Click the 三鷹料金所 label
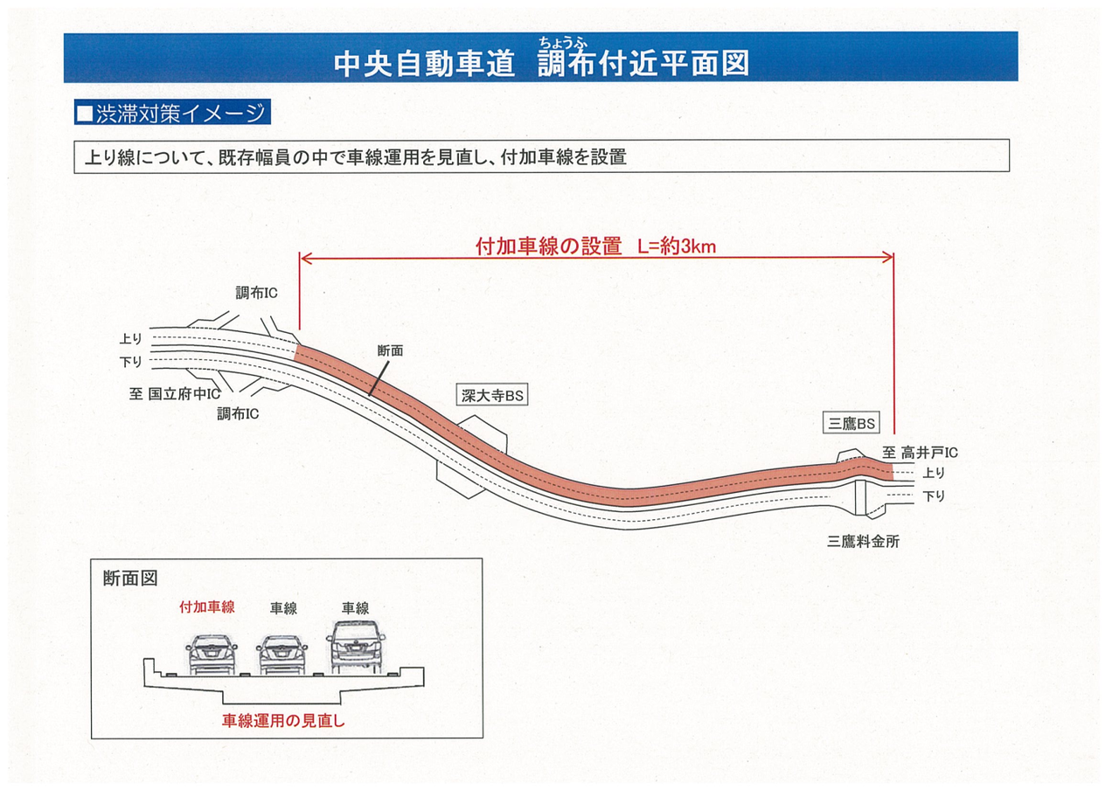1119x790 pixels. [863, 542]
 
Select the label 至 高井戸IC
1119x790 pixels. [920, 453]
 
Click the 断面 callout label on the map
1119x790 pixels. [390, 350]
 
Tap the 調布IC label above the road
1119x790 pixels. [256, 293]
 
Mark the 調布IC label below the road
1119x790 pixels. [238, 412]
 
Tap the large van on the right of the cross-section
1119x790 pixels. [357, 648]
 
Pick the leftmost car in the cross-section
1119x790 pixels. [211, 654]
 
